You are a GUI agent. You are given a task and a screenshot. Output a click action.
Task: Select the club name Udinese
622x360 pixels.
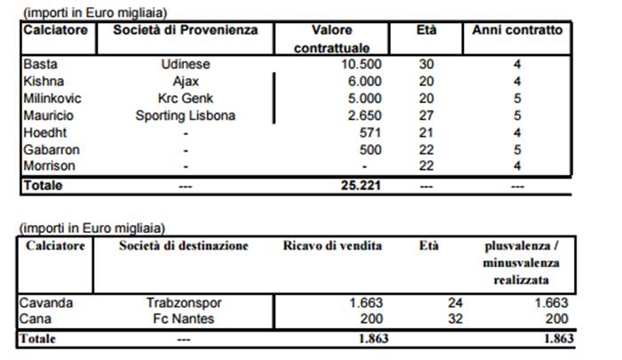(x=185, y=65)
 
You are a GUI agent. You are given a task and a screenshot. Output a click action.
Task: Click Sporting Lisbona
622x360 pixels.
(x=185, y=116)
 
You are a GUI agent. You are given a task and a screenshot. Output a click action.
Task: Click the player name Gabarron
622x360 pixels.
(x=47, y=150)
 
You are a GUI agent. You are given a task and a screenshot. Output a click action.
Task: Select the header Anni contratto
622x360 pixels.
(x=517, y=29)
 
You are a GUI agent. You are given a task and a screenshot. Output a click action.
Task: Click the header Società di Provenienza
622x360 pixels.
(x=185, y=29)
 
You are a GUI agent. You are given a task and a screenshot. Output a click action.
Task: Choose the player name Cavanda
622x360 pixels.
(x=45, y=302)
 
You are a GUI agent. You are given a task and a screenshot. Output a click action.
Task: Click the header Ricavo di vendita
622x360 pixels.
(x=331, y=245)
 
